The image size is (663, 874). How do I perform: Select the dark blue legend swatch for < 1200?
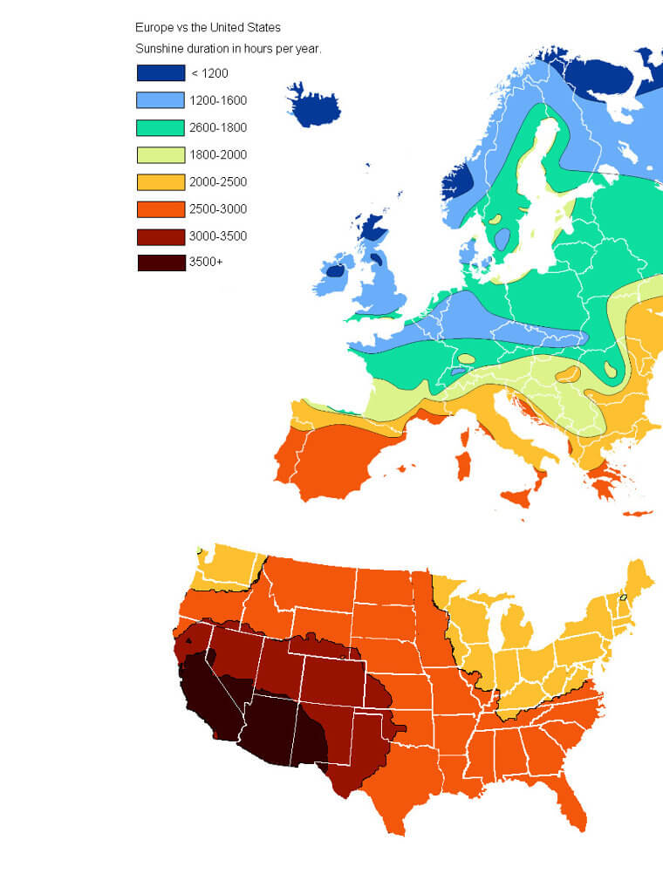pos(161,73)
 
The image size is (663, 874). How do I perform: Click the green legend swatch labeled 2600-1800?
pos(161,127)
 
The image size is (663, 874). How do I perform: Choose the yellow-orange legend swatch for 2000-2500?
pos(161,181)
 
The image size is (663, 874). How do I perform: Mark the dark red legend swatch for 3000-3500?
pos(161,236)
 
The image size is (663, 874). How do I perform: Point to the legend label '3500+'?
pos(207,263)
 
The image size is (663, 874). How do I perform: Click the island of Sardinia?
pos(464,464)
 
